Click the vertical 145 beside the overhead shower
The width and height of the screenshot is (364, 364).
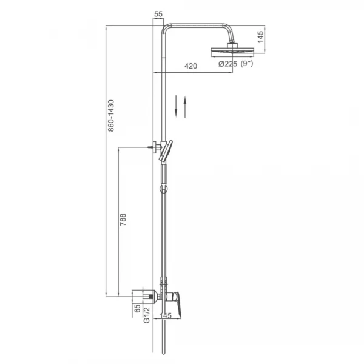(x=260, y=37)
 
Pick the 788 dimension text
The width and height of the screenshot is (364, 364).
(x=123, y=219)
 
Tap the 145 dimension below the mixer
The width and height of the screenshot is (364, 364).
(x=166, y=315)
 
